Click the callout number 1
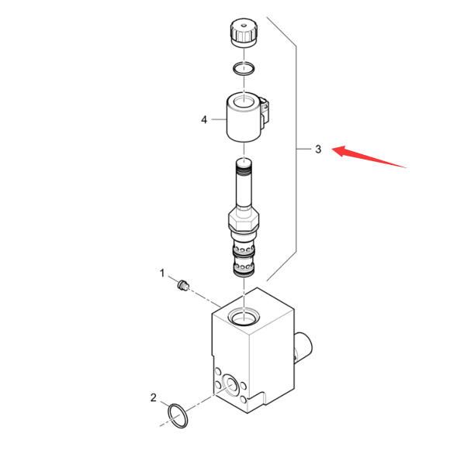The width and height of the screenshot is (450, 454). (162, 273)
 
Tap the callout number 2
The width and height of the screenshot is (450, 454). (153, 397)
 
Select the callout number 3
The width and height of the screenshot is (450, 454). (318, 149)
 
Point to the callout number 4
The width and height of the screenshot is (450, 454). (204, 119)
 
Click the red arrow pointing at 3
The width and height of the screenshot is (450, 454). (369, 156)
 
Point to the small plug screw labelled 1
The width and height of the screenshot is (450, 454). (183, 284)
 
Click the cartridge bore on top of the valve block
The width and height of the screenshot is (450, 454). (244, 316)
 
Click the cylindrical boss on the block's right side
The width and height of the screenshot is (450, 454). (303, 346)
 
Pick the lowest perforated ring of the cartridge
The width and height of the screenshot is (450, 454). (244, 266)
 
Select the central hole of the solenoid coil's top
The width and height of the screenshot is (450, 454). (244, 102)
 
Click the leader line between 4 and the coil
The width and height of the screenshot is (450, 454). (219, 119)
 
